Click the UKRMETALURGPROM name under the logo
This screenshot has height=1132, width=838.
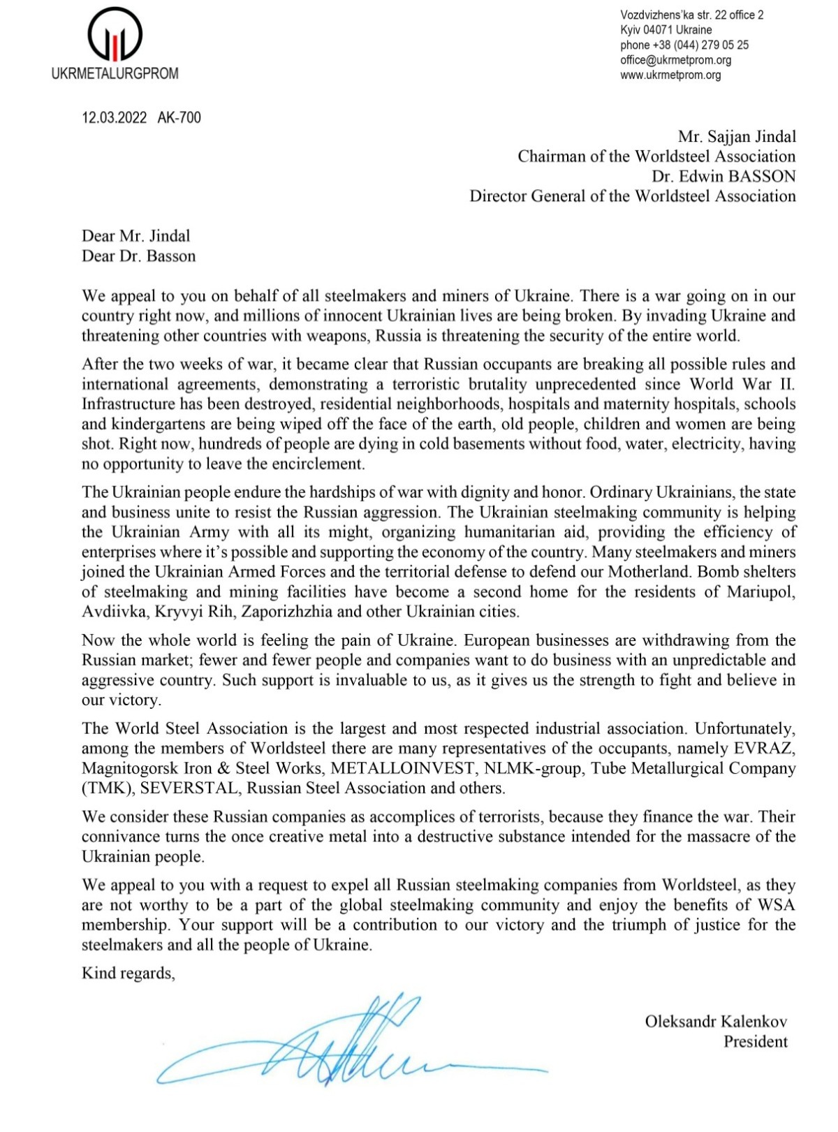pyautogui.click(x=115, y=73)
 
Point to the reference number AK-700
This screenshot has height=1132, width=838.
pyautogui.click(x=179, y=117)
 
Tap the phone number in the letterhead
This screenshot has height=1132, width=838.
pyautogui.click(x=684, y=45)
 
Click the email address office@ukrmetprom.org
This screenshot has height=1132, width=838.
pyautogui.click(x=676, y=60)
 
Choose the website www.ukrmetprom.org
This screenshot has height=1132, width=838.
pyautogui.click(x=670, y=75)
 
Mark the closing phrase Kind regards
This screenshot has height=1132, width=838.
pyautogui.click(x=128, y=973)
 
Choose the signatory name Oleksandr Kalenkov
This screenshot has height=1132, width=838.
pyautogui.click(x=716, y=1022)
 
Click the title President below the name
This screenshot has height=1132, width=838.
pyautogui.click(x=755, y=1042)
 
